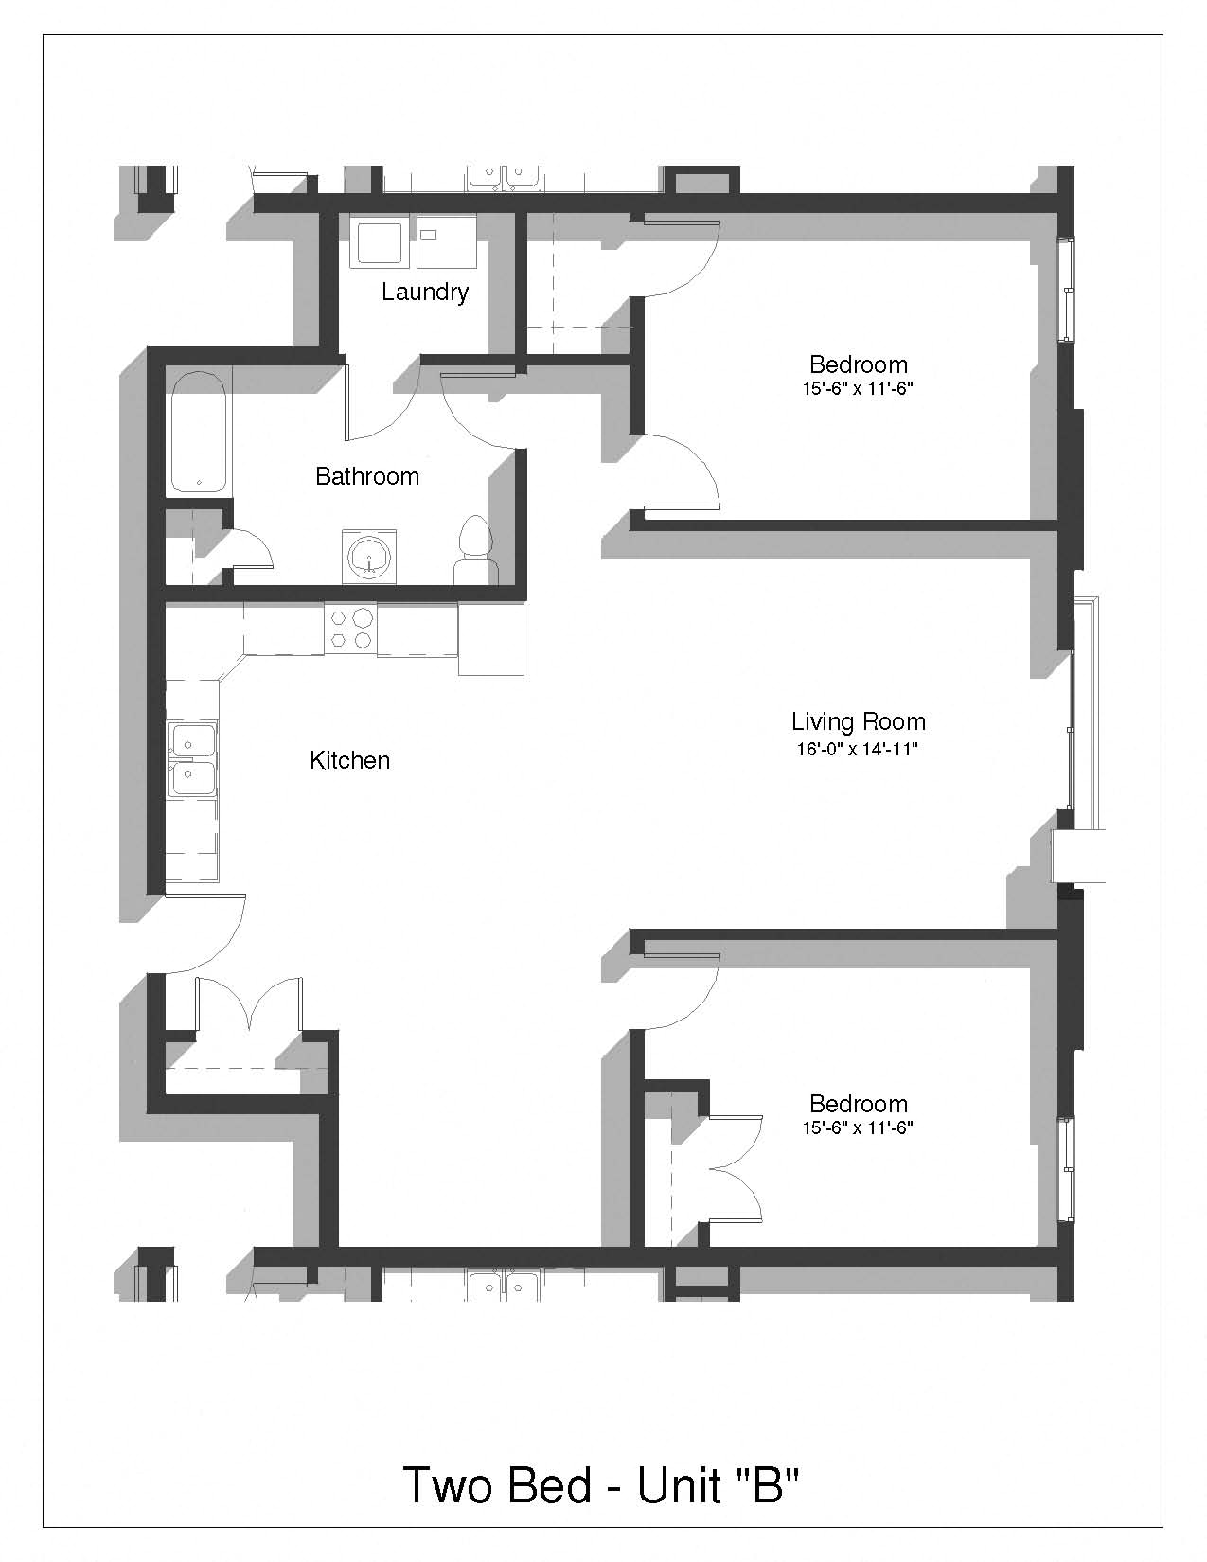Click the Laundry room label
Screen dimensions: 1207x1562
tap(425, 292)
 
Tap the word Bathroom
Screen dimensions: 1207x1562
tap(367, 476)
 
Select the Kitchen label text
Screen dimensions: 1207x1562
tap(349, 760)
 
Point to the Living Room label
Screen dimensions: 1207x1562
tap(859, 721)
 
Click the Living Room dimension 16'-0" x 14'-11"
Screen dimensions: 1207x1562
tap(858, 749)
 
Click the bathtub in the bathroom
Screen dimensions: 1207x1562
tap(199, 432)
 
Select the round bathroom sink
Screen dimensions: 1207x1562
tap(369, 558)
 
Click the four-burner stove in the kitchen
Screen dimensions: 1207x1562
tap(351, 629)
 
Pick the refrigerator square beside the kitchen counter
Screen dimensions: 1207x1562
tap(491, 638)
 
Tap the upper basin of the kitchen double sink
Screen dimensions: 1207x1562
tap(191, 739)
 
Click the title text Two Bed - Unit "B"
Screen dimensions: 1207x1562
tap(601, 1484)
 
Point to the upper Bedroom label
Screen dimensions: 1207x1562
tap(859, 364)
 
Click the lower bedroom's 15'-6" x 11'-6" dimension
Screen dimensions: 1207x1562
tap(858, 1127)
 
